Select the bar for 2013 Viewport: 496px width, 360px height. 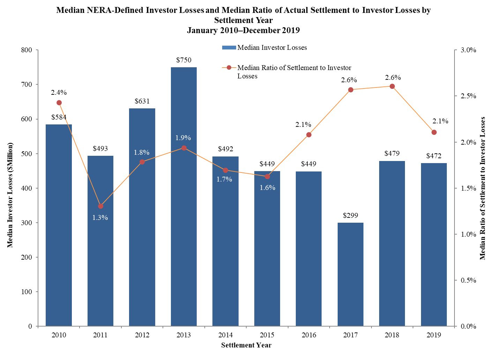coord(183,197)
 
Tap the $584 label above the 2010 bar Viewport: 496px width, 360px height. coord(59,117)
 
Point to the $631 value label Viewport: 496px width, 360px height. coord(142,101)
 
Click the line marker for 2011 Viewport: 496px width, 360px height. coord(100,206)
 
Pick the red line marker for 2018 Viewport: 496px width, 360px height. coord(392,86)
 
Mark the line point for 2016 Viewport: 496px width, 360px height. coord(309,135)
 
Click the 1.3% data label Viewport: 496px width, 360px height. coord(100,217)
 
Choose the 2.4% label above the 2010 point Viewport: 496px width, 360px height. coord(59,92)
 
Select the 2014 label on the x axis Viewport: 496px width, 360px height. coord(225,335)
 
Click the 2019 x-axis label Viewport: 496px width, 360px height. coord(434,335)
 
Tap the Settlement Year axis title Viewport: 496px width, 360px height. coord(246,345)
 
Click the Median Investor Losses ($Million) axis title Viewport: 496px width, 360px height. coord(10,195)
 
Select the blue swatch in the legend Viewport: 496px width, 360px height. coord(229,47)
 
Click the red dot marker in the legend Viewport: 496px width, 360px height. coord(229,68)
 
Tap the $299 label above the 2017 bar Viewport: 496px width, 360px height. coord(350,215)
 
